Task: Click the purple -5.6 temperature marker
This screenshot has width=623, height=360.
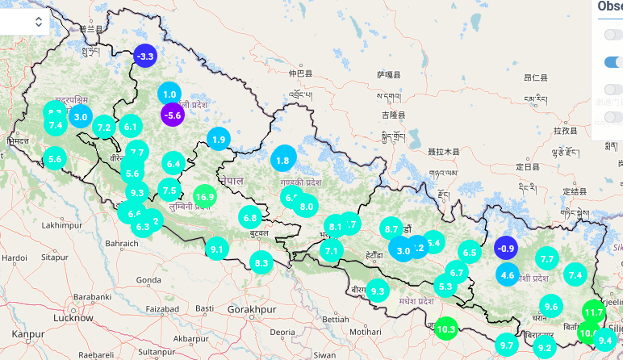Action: coord(173,115)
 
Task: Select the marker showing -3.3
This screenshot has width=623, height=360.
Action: coord(145,56)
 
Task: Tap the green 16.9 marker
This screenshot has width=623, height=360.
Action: coord(204,196)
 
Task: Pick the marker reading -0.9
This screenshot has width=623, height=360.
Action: coord(505,248)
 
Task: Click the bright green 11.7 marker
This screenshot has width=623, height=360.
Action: coord(594,312)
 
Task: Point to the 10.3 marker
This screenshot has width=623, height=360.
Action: coord(445,329)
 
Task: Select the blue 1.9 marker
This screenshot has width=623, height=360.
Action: coord(219,140)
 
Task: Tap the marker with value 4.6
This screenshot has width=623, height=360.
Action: coord(507,275)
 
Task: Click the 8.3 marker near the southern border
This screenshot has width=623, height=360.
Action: coord(261,262)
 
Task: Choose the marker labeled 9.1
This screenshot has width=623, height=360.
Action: coord(216,249)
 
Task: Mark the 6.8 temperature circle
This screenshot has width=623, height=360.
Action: coord(250,217)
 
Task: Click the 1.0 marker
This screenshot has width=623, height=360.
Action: coord(169,94)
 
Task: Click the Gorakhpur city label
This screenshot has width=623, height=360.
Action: coord(251,309)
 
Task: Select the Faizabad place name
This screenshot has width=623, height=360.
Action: coord(162,309)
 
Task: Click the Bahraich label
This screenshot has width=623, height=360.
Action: coord(122,242)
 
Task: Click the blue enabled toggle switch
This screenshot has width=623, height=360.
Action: coord(613,62)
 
